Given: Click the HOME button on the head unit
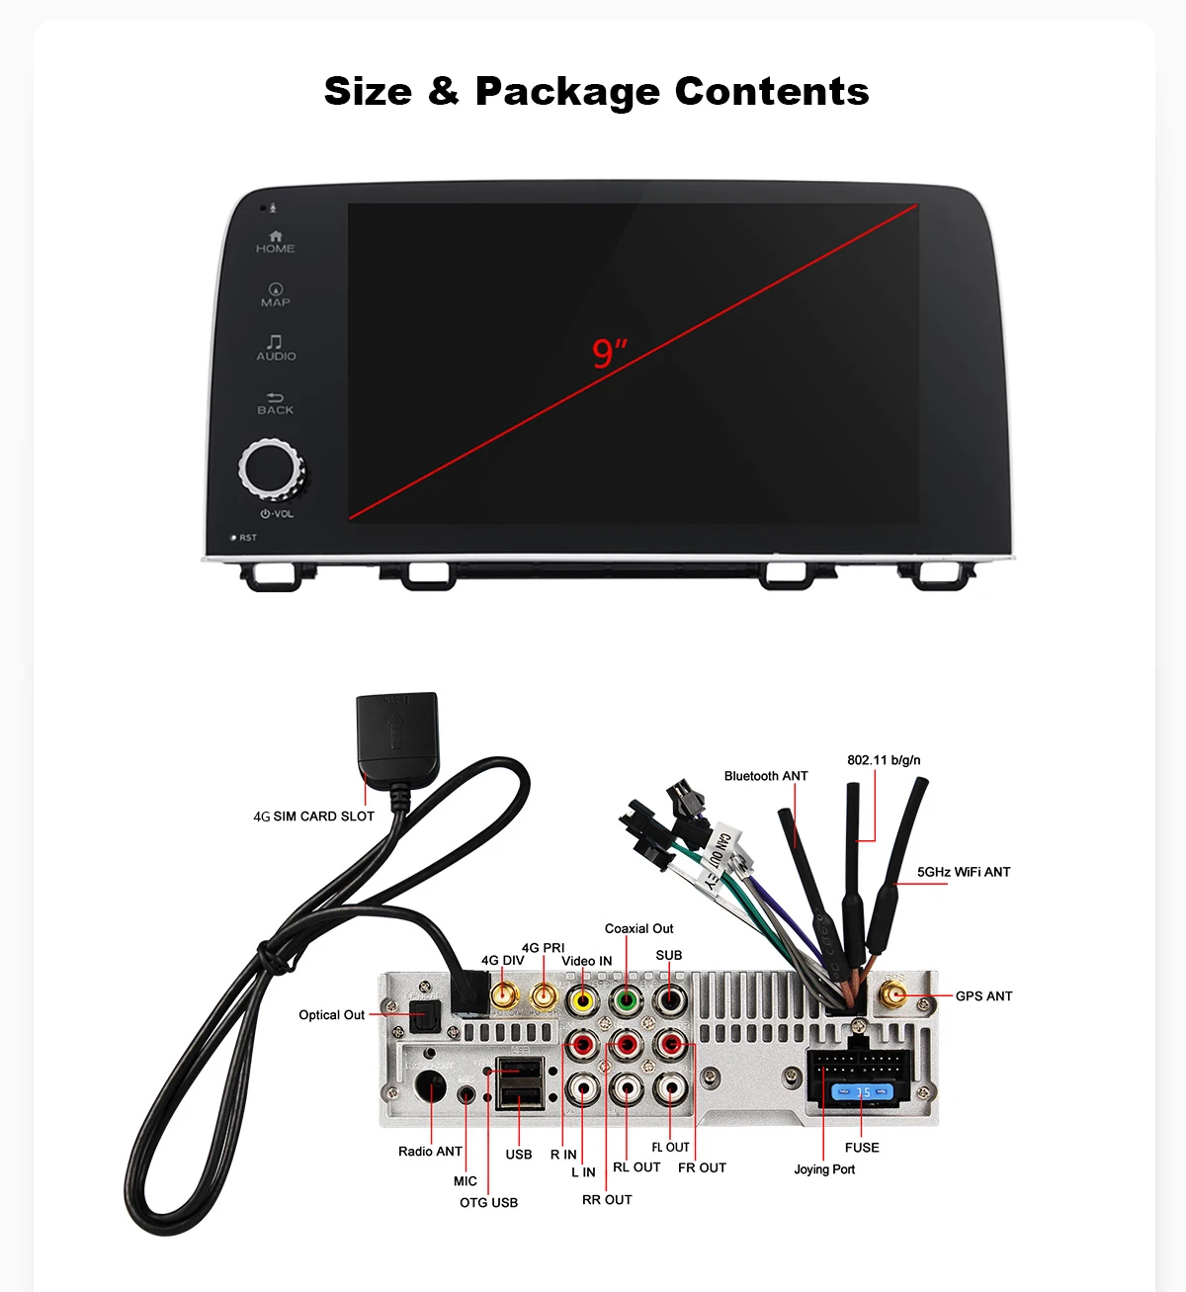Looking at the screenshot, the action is point(275,242).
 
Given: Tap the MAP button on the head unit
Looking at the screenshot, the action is point(276,296).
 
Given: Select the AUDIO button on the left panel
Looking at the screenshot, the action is point(276,348).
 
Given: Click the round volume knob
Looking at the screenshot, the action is point(270,469).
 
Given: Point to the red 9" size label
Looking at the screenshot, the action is point(609,353).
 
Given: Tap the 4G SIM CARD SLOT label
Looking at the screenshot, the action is point(313,817).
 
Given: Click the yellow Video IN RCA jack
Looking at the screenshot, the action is point(583,1000).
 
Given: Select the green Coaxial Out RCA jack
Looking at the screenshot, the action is point(626,1000).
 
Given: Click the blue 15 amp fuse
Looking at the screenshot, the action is point(863,1092).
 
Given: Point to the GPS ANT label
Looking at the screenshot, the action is point(983,996).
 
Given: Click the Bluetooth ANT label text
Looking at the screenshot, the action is point(765,776).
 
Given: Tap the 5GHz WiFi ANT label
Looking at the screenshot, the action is point(963,872).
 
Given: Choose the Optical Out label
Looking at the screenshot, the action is point(331,1015).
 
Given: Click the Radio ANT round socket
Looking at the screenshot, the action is point(432,1087).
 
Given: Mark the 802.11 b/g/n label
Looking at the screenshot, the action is point(884,760).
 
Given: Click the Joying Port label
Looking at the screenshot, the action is point(824,1169).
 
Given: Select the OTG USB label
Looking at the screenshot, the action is point(488,1202).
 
